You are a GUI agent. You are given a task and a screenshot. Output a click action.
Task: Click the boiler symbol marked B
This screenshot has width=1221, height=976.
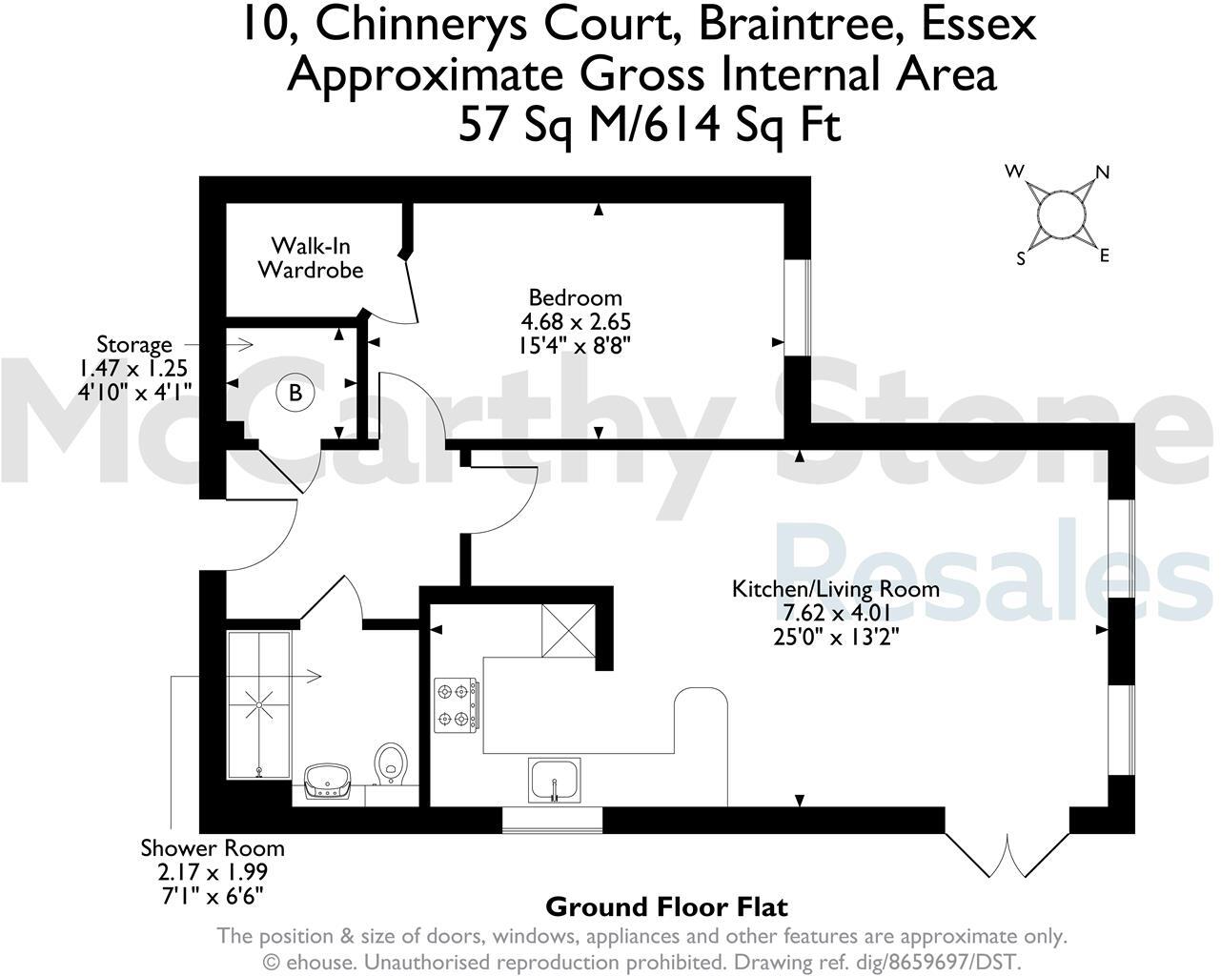click(295, 393)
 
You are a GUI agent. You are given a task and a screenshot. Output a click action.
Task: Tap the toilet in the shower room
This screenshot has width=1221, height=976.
click(391, 763)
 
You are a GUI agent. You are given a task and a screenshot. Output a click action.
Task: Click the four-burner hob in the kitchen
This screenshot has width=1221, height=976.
click(457, 704)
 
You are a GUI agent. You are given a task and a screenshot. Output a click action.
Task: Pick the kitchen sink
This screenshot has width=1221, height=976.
click(554, 781)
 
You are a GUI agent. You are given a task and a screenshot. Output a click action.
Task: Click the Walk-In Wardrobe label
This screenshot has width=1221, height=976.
click(310, 257)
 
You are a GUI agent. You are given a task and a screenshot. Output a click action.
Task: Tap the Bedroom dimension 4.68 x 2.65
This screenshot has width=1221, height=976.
click(575, 321)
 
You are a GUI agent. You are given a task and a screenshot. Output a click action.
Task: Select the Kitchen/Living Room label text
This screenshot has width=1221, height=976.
click(835, 588)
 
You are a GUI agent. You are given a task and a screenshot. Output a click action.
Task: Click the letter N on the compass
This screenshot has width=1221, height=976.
click(1103, 173)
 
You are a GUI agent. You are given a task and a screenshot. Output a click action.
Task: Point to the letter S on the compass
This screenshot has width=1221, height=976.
click(1021, 258)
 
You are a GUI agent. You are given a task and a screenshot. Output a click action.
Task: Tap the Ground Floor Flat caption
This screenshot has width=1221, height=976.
click(666, 906)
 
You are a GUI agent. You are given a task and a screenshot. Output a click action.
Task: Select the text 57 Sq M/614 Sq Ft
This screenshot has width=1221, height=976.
click(650, 124)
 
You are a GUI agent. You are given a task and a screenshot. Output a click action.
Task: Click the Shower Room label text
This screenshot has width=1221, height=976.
click(213, 847)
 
